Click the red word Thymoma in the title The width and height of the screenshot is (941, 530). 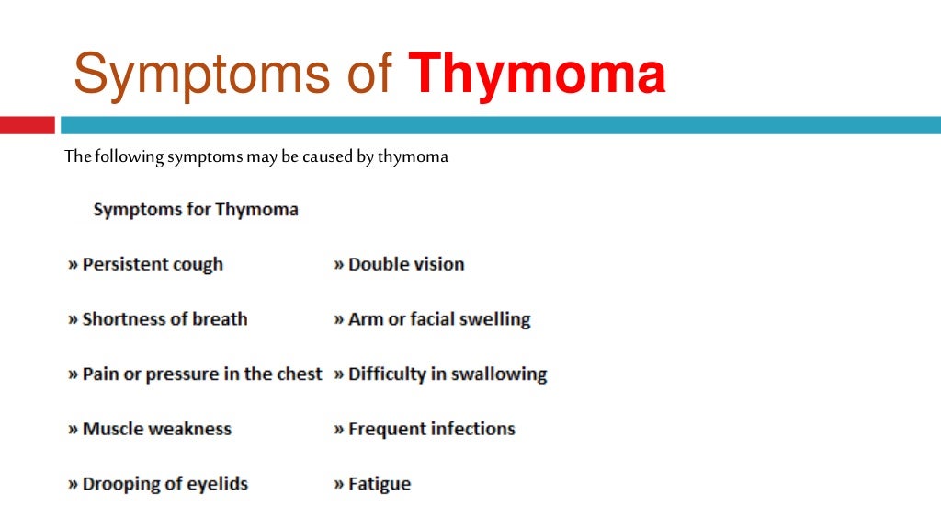[537, 75]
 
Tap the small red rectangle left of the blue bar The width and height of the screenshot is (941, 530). [27, 124]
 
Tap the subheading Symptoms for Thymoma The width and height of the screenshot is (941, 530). [196, 210]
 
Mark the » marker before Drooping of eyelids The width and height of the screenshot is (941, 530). [73, 485]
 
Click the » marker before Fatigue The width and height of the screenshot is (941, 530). [339, 485]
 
